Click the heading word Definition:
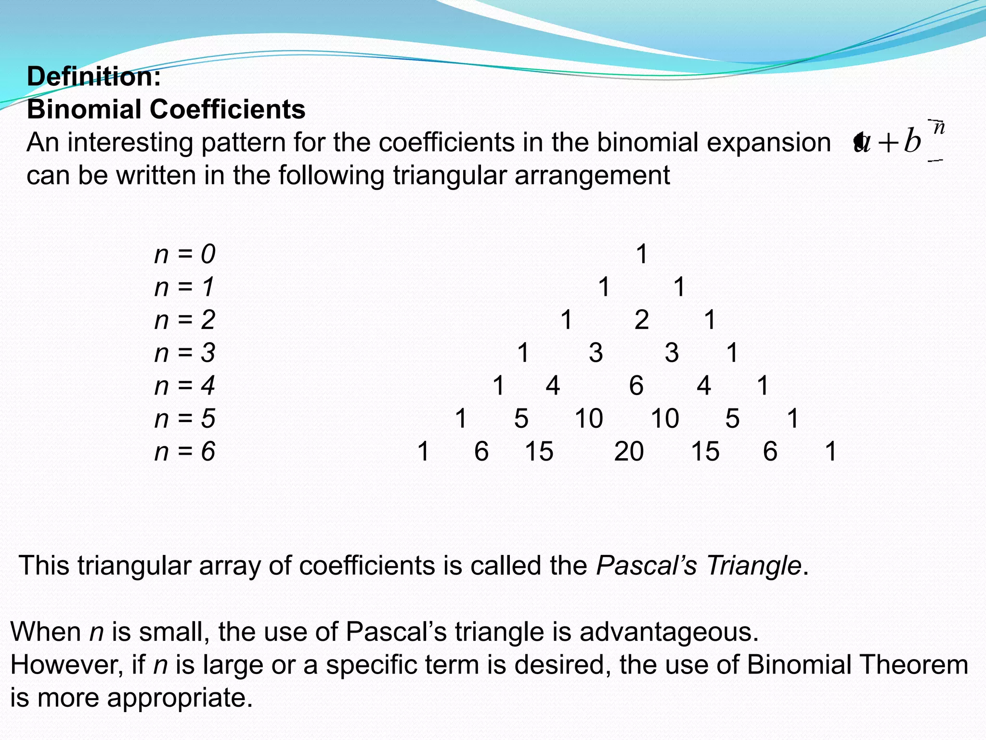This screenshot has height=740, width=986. [x=94, y=77]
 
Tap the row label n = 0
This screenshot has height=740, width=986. [x=185, y=254]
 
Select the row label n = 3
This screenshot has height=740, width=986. [x=185, y=353]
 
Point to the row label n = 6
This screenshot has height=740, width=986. [x=185, y=451]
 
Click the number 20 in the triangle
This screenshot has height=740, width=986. [x=629, y=451]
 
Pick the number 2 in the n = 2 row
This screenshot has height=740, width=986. [x=642, y=320]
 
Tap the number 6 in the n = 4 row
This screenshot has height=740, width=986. [x=636, y=386]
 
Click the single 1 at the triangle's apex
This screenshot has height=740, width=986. [x=642, y=254]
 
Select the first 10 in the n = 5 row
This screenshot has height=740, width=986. [x=589, y=418]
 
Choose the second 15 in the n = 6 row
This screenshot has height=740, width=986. [x=705, y=451]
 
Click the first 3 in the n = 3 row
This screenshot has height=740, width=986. [x=596, y=353]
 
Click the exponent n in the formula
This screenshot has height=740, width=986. [x=939, y=128]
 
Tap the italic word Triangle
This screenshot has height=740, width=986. [x=753, y=565]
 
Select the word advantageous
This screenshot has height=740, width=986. [x=669, y=632]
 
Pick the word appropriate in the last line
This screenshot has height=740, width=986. [x=180, y=698]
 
